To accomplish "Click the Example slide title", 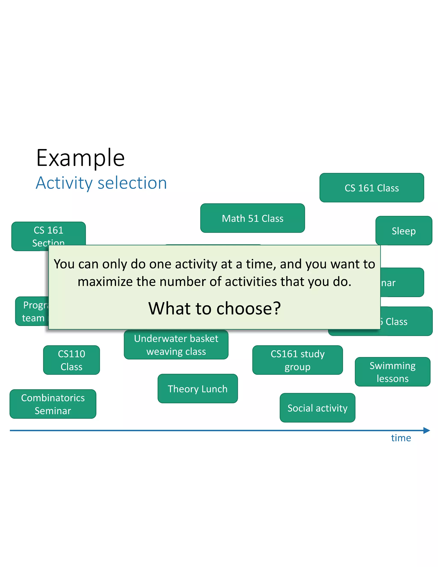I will tap(80, 158).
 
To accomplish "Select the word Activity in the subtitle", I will tap(64, 183).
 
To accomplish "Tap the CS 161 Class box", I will tap(371, 188).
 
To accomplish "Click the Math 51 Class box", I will tap(253, 218).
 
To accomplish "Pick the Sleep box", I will tap(404, 230).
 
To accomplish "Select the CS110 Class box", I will tap(71, 360).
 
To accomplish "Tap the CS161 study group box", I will tap(297, 360).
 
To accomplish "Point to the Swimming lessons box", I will tap(392, 372).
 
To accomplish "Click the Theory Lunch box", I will tap(197, 389).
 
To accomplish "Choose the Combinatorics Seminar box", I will tap(53, 404).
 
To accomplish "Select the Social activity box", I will tap(317, 408).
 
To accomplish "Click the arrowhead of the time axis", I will tap(427, 430).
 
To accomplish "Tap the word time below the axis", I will tap(401, 438).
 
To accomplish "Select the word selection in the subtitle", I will tap(132, 183).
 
